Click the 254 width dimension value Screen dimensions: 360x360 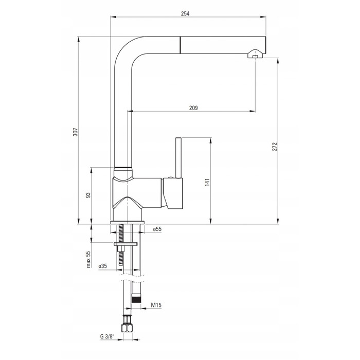click(185, 13)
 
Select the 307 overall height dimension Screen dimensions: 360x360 click(75, 132)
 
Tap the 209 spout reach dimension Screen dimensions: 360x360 click(193, 107)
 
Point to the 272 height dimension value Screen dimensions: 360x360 click(275, 147)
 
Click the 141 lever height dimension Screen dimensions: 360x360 click(207, 182)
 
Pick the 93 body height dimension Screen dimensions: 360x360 click(88, 195)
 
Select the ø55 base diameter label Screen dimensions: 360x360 click(157, 229)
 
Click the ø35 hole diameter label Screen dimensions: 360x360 click(103, 266)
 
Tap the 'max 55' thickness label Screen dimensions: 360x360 click(88, 259)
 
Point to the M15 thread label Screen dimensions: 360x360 click(156, 305)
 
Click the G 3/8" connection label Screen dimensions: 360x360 click(107, 336)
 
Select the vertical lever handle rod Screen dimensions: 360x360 click(178, 158)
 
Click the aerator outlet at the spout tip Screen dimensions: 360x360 click(255, 53)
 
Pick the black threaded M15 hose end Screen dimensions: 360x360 click(136, 299)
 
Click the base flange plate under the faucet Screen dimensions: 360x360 click(127, 223)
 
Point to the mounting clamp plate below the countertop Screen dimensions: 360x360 click(125, 244)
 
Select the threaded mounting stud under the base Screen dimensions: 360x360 click(121, 245)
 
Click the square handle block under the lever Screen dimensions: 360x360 click(173, 193)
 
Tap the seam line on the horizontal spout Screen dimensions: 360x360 click(180, 45)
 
